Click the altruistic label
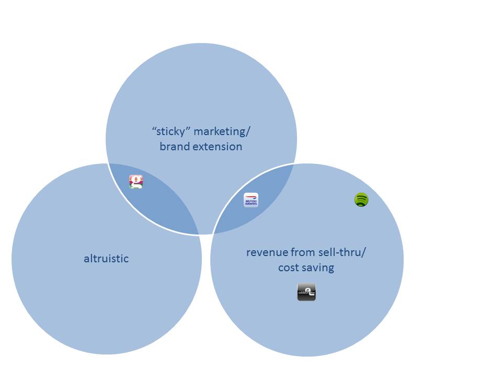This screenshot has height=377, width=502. point(106,258)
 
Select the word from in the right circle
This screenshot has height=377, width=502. point(304,252)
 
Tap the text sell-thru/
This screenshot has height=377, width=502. point(343,252)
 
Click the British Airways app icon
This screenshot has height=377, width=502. point(251,200)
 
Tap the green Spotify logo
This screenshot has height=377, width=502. point(361,199)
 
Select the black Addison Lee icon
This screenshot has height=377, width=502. point(306,292)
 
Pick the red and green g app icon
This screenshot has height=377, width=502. point(136,182)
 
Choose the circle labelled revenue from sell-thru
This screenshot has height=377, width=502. point(340,314)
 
